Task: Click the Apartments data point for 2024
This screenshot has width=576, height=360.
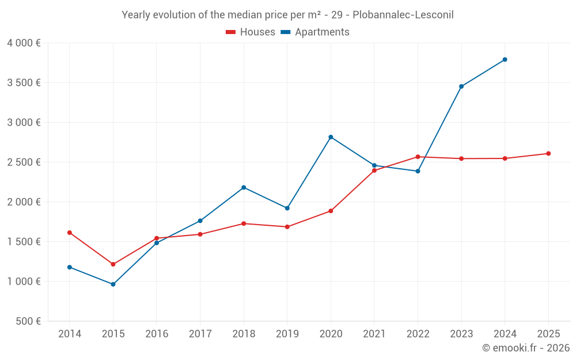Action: (x=505, y=59)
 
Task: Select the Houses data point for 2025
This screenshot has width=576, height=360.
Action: (x=548, y=153)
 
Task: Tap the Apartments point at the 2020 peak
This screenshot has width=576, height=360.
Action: (x=331, y=137)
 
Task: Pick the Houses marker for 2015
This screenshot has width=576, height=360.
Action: (x=113, y=264)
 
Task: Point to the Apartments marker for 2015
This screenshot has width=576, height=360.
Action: (x=113, y=284)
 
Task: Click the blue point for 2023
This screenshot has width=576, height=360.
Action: (x=461, y=86)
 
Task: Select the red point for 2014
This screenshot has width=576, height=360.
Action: (x=70, y=233)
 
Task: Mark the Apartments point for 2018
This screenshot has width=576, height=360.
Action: (x=244, y=187)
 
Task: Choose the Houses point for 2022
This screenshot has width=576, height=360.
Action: (x=418, y=157)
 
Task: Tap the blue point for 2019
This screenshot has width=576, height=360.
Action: (x=287, y=208)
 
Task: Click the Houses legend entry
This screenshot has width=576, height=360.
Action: (x=251, y=32)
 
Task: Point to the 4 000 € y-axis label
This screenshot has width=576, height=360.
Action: (x=24, y=43)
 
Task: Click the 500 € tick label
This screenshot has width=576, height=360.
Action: (x=28, y=321)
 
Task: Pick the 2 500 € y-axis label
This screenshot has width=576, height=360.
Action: (x=24, y=162)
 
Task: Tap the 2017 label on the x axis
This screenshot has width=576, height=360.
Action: (x=200, y=334)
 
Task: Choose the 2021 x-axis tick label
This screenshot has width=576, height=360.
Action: (x=374, y=334)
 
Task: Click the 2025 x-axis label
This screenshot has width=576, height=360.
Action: (x=548, y=334)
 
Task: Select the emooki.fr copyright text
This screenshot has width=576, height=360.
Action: (x=526, y=348)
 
